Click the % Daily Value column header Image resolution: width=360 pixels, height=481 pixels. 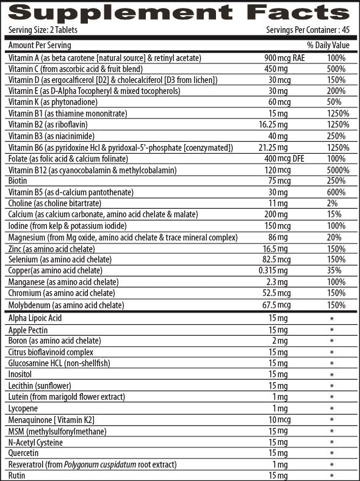pyautogui.click(x=328, y=45)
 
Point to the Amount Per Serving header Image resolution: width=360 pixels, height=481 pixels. pyautogui.click(x=40, y=45)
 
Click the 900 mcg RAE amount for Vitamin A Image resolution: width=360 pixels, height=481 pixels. pyautogui.click(x=279, y=58)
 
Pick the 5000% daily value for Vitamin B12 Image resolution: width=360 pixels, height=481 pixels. pyautogui.click(x=337, y=170)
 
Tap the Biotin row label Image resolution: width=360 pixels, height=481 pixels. pyautogui.click(x=18, y=181)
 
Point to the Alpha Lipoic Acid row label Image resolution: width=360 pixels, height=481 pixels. pyautogui.click(x=35, y=319)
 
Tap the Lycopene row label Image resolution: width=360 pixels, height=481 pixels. pyautogui.click(x=24, y=408)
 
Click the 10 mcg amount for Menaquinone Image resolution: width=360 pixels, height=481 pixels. pyautogui.click(x=280, y=420)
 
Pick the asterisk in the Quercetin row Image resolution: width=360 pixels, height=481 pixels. pyautogui.click(x=332, y=454)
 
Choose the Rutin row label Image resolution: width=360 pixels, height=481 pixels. pyautogui.click(x=17, y=476)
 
